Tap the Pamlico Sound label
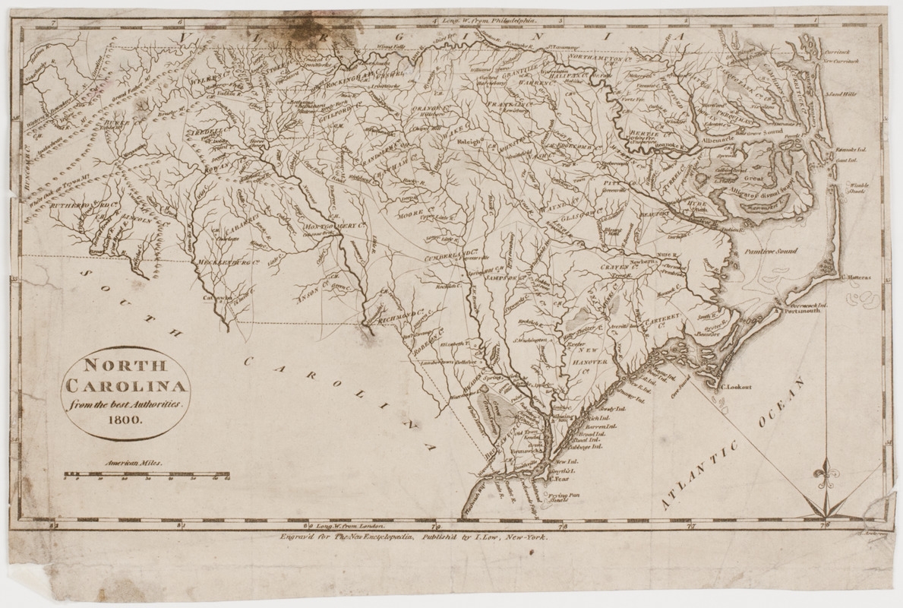[x=772, y=249]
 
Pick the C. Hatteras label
[x=858, y=279]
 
